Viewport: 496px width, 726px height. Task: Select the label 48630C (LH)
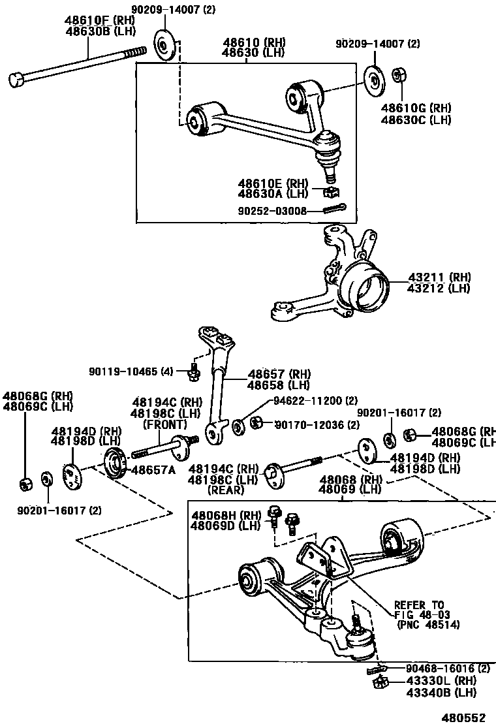click(416, 119)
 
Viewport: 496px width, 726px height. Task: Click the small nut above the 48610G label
click(398, 76)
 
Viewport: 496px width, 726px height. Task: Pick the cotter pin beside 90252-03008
click(335, 209)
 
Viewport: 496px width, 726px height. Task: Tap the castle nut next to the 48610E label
click(332, 192)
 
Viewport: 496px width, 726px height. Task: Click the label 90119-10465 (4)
click(131, 371)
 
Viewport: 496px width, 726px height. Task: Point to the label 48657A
click(153, 470)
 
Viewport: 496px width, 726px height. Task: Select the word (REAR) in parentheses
click(226, 490)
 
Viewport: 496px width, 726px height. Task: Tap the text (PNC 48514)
click(428, 624)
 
